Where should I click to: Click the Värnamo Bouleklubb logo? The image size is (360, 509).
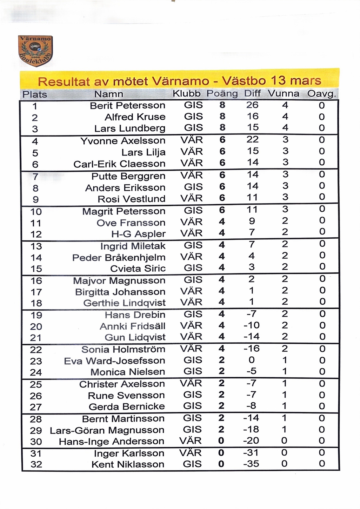point(35,50)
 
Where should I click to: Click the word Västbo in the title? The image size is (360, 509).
point(244,81)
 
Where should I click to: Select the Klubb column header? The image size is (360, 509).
point(187,94)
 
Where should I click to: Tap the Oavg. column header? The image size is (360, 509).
point(321,94)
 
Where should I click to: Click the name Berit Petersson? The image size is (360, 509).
point(127,105)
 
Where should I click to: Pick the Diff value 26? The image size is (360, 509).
point(252,105)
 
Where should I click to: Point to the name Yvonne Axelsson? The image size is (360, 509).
point(123,141)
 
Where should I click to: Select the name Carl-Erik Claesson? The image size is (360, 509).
point(119,164)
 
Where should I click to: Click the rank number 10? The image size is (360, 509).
point(36,211)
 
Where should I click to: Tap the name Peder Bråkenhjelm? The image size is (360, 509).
point(119,257)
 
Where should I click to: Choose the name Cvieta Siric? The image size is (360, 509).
point(138,268)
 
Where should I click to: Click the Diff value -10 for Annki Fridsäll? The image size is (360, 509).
point(251,325)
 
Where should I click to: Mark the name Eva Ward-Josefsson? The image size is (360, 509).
point(114,361)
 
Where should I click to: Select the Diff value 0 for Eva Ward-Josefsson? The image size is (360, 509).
point(252,360)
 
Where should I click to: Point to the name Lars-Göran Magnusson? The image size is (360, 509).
point(107,430)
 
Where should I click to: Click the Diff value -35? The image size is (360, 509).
point(251,464)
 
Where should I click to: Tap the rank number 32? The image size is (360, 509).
point(36,465)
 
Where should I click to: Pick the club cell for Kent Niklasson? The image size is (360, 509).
point(192,464)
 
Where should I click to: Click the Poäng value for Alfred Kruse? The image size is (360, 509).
point(222,116)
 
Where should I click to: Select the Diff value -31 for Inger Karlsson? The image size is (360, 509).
point(251,453)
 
